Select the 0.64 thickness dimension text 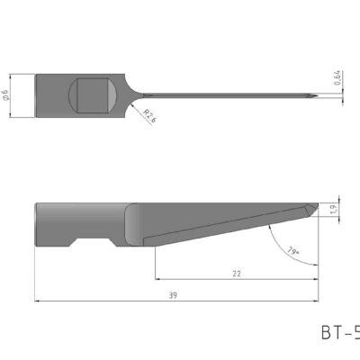pos(337,79)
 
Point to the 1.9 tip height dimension pos(336,209)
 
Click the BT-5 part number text pos(340,332)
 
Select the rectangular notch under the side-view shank pos(93,242)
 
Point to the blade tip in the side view pos(317,204)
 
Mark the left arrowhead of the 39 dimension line pos(38,302)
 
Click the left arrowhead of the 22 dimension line pos(158,279)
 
